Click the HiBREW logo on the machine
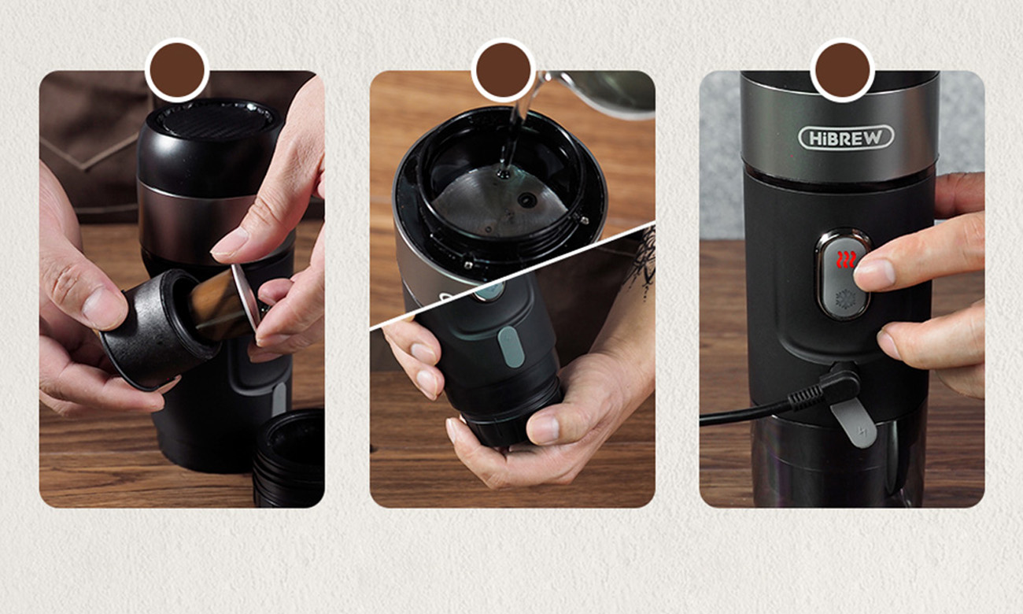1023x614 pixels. point(846,138)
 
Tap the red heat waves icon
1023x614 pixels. point(845,260)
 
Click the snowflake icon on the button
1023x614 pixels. point(844,299)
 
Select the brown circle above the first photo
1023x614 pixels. point(177,70)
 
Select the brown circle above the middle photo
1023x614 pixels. point(504,70)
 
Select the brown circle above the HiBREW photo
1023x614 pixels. point(843,70)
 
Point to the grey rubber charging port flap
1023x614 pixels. point(853,423)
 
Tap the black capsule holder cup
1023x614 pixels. point(156,329)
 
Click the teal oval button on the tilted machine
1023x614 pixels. point(511,347)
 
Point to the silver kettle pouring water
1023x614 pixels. point(598,94)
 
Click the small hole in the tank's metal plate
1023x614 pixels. point(526,199)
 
